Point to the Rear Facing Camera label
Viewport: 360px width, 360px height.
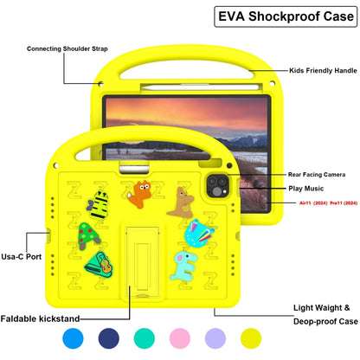point(319,174)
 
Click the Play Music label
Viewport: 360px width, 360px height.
point(307,188)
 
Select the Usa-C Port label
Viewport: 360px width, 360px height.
point(20,256)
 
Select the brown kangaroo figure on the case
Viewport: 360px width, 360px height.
point(183,202)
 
